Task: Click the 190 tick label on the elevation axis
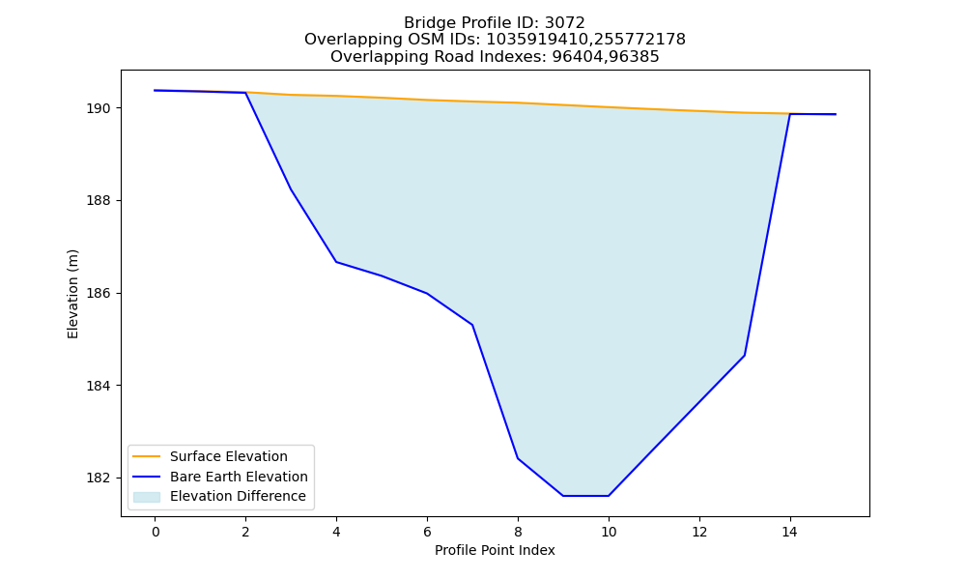99,108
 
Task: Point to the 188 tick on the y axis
99,201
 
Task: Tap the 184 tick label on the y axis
99,386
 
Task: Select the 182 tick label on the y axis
99,478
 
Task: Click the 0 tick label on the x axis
156,532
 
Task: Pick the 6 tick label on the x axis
427,532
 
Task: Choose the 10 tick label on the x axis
609,532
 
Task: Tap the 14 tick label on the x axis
790,532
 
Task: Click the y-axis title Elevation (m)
72,294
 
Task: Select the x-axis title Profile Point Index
495,550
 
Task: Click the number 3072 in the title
565,23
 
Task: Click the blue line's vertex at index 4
336,262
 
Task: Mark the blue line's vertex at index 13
744,355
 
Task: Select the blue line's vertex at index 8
518,458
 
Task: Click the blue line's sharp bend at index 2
245,93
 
